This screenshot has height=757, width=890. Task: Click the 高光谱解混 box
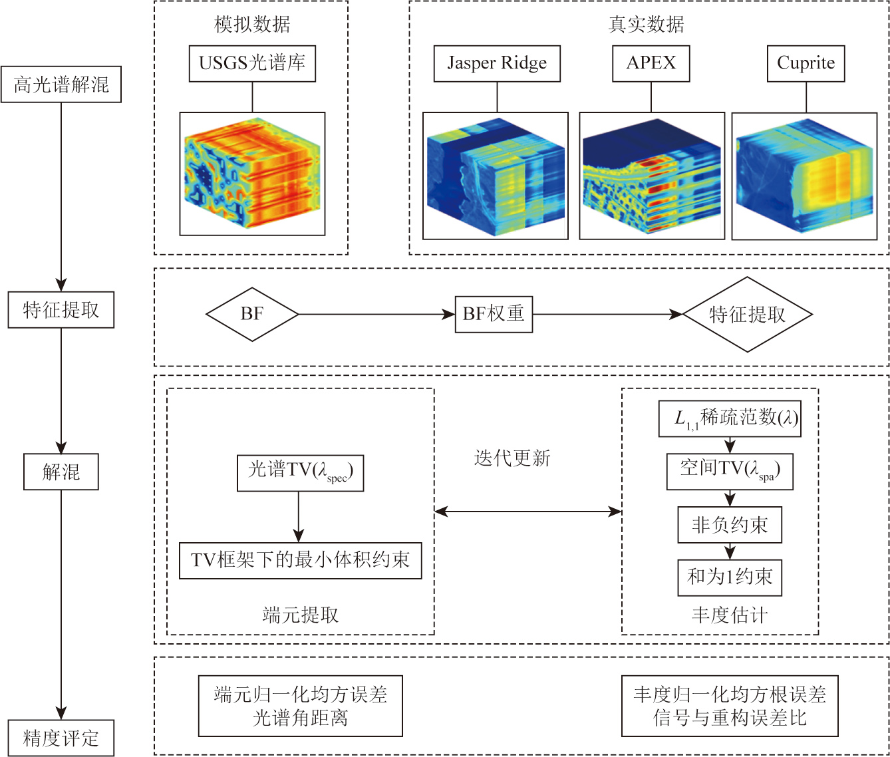coord(61,84)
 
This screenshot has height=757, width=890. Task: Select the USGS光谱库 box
coord(252,64)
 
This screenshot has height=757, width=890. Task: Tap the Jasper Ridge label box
coord(497,64)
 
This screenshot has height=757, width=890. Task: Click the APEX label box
coord(651,64)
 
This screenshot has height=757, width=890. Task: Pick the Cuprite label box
coord(806,64)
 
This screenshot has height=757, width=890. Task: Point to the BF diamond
coord(252,315)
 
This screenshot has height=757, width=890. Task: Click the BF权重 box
coord(494,315)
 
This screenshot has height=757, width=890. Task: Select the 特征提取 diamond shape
coord(748,315)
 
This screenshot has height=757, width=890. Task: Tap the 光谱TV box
coord(301,473)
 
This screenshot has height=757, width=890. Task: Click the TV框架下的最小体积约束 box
coord(301,561)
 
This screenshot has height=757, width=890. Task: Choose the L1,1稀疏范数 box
coord(730,418)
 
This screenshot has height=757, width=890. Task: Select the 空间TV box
coord(730,472)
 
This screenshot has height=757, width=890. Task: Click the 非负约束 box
coord(730,524)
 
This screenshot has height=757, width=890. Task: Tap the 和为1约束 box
coord(730,578)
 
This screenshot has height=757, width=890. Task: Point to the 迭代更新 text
coord(512,458)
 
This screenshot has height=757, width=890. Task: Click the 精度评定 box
coord(61,738)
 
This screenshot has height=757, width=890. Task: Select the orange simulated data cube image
coord(252,174)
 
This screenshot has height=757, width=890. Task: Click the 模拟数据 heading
coord(252,24)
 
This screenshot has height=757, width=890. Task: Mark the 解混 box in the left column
coord(61,472)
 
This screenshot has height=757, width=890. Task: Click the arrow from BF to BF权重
coord(376,315)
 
